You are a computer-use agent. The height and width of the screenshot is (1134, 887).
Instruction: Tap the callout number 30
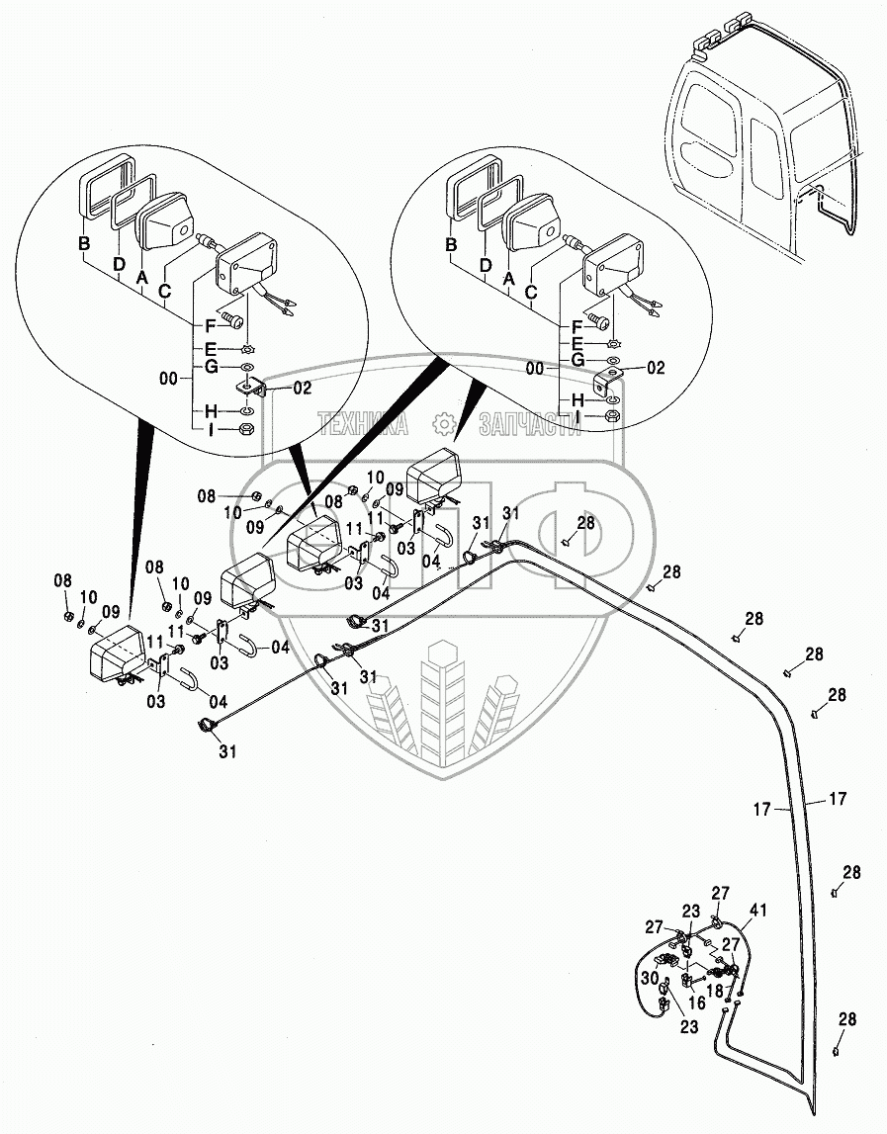pos(649,978)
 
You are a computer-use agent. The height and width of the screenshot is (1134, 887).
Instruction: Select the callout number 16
pos(697,1003)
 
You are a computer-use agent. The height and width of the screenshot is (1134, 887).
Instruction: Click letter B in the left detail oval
pos(85,244)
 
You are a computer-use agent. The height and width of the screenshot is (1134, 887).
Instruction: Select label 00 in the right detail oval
pos(535,368)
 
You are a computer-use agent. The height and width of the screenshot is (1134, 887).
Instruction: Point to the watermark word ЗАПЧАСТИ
pos(529,425)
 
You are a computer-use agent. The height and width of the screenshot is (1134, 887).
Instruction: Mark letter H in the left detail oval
pos(211,411)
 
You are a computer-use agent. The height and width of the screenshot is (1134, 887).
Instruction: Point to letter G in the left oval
pos(211,368)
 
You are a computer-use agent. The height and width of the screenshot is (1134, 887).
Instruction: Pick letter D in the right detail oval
pos(486,265)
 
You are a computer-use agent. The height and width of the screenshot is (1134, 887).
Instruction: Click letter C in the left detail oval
pos(164,291)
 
